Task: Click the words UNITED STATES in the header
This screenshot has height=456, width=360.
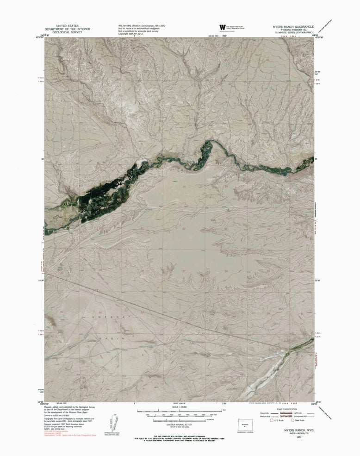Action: (67, 25)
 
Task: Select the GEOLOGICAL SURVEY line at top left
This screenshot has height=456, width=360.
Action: (67, 32)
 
